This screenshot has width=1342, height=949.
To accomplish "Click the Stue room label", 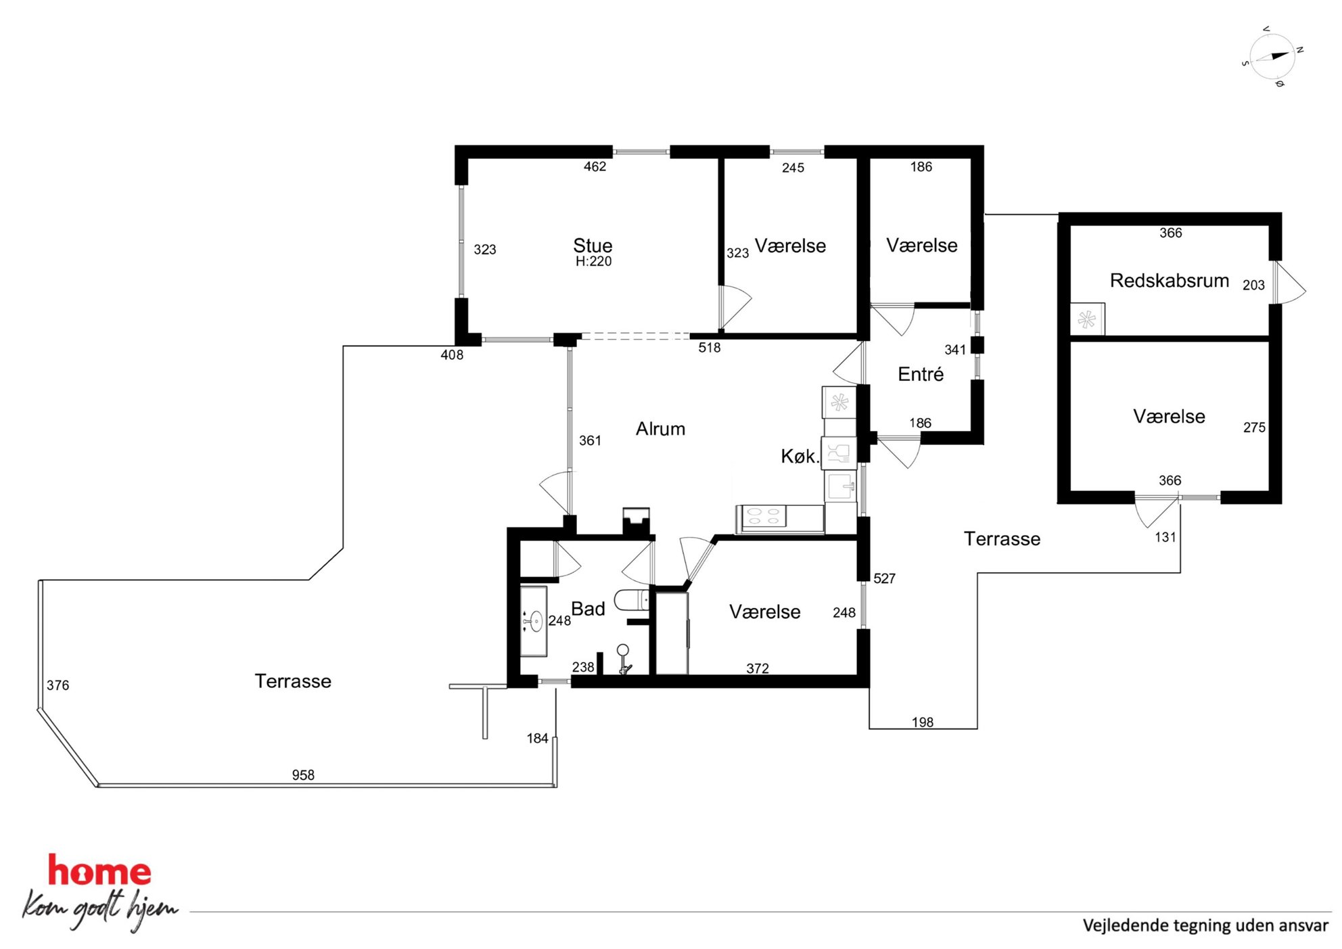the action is [593, 245].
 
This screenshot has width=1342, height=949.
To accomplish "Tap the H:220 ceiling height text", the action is [593, 261].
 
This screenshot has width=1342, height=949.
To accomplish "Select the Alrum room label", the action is [660, 429].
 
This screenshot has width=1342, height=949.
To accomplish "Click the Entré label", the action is [920, 374].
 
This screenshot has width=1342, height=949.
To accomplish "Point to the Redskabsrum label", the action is [1169, 280].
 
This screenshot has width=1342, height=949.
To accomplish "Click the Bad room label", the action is [588, 609].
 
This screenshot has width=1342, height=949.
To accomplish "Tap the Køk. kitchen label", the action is [800, 457].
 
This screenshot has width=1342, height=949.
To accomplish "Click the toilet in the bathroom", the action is [632, 600].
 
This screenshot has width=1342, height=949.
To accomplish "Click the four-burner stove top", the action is [764, 517].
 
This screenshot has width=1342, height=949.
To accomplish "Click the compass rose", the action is [1272, 57].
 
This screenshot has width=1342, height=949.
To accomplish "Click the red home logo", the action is [99, 871].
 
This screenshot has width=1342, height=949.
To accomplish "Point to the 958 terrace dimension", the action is [303, 775].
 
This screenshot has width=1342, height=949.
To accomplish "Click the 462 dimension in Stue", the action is [595, 166].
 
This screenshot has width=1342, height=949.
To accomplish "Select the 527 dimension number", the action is [884, 578].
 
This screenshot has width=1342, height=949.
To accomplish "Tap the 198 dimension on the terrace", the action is [922, 722].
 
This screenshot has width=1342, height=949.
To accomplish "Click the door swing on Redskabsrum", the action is [1290, 283].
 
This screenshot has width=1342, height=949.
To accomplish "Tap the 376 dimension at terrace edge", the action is [58, 685].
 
